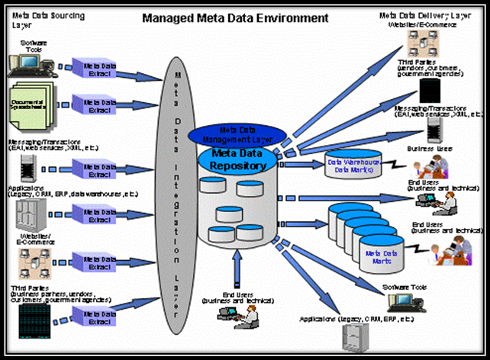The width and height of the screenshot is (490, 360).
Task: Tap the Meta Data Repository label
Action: (233, 160)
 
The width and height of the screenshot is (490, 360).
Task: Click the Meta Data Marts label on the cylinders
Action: (384, 255)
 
